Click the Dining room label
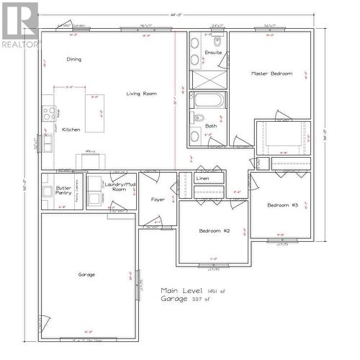[73, 59]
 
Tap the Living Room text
[142, 94]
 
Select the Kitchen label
[71, 130]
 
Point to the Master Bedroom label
[271, 73]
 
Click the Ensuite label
[213, 53]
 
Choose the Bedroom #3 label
[282, 205]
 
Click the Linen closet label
[202, 178]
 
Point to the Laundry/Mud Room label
[120, 186]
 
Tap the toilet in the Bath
[199, 119]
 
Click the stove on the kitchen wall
[49, 113]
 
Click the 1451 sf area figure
[215, 291]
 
